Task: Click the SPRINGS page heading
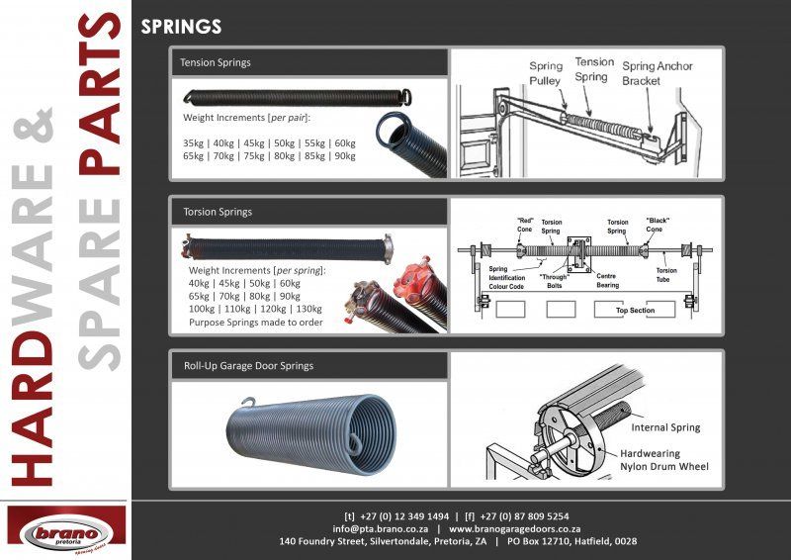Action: [x=181, y=27]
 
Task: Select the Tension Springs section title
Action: [x=216, y=62]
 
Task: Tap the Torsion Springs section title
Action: [x=217, y=212]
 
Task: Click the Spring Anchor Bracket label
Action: [x=657, y=73]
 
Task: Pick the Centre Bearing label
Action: [x=607, y=281]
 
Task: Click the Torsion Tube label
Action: [x=666, y=275]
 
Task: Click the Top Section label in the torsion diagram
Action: [x=636, y=310]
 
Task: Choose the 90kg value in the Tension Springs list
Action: [x=345, y=156]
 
